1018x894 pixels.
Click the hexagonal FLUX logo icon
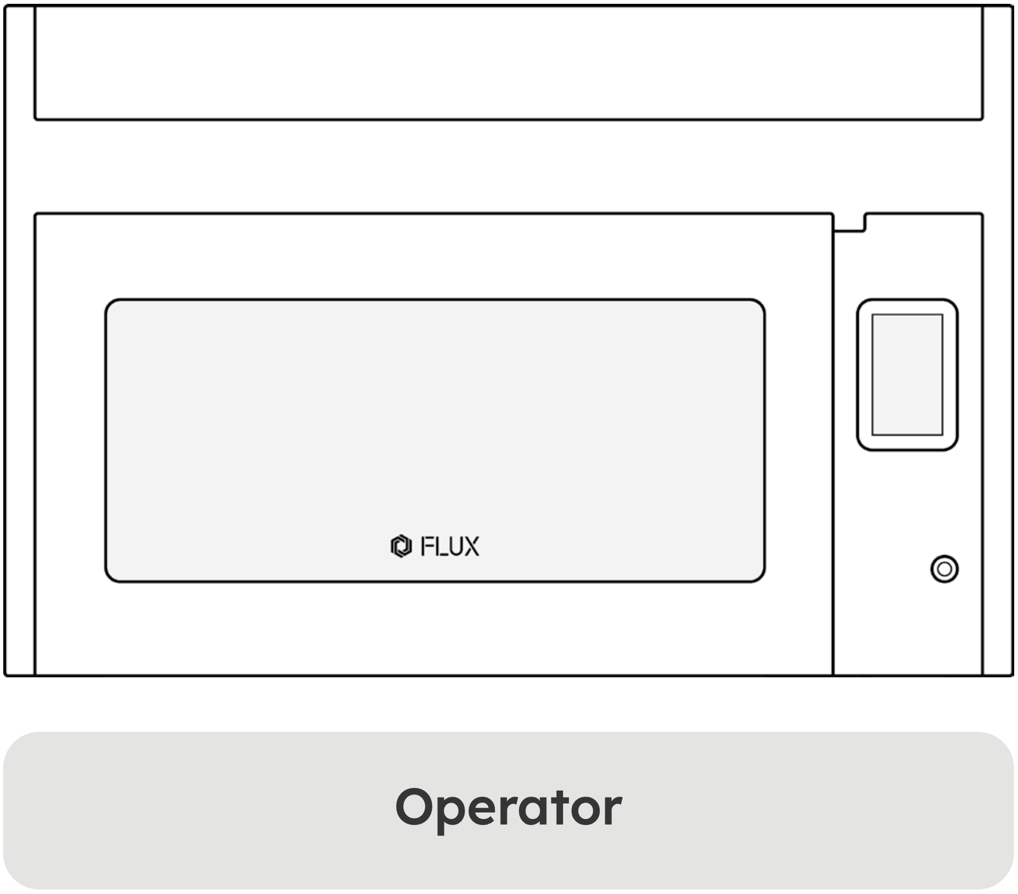point(401,546)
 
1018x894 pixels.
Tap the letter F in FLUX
point(427,546)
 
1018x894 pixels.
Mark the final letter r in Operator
point(615,811)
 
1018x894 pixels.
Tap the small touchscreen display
point(907,375)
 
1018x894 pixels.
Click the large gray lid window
point(435,440)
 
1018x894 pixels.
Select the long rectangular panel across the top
point(508,62)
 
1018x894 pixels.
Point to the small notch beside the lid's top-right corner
point(849,223)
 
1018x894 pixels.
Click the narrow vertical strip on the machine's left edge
point(20,341)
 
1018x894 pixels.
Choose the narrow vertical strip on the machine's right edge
point(998,341)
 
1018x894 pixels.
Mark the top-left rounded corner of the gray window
point(109,304)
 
